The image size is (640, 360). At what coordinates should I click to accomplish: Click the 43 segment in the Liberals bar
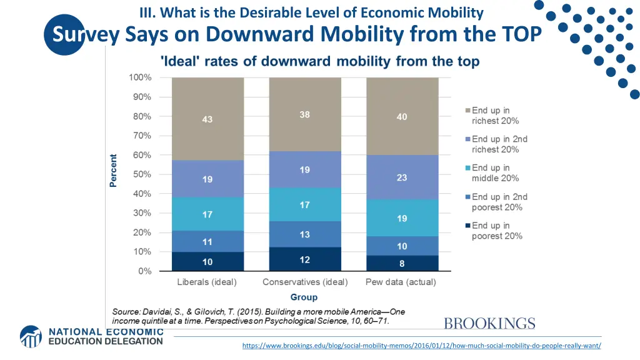207,119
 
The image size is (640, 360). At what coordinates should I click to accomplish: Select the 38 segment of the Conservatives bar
304,114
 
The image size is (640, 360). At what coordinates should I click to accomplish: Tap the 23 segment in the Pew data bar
402,177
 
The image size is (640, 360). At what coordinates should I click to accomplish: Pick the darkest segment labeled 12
304,259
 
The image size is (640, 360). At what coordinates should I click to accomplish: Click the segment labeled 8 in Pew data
402,263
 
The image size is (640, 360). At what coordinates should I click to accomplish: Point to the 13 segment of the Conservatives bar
304,234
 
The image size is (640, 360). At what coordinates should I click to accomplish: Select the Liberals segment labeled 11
207,241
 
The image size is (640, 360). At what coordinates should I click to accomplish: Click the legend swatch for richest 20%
466,111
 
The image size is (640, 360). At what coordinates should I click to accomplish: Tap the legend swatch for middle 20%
466,168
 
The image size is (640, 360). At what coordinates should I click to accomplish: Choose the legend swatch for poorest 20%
466,226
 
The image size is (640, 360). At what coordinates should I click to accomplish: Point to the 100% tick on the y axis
140,77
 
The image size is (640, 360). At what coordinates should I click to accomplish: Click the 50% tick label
142,174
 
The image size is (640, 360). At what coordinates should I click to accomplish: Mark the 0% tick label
145,271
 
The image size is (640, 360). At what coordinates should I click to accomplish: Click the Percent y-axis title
113,170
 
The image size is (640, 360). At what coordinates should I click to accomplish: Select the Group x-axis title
304,297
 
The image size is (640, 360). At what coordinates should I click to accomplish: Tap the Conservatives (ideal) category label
305,282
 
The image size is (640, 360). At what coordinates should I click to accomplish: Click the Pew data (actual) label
401,282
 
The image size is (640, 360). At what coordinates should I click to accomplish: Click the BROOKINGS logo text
489,324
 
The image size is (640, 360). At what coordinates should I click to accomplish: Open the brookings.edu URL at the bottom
421,346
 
